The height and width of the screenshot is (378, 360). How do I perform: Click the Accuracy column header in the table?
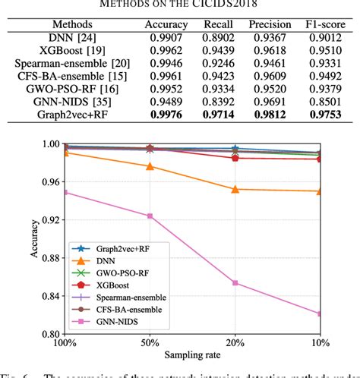[166, 24]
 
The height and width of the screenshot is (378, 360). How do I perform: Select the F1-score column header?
[316, 24]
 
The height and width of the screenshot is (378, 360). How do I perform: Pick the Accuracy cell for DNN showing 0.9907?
[166, 39]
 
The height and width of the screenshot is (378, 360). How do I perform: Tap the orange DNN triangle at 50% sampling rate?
[150, 166]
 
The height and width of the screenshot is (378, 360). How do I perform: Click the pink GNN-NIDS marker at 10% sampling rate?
[319, 313]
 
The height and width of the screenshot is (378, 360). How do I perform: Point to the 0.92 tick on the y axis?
[52, 220]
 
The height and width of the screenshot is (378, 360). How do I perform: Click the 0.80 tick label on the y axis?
[52, 334]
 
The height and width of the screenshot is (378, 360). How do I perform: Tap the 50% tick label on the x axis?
[150, 342]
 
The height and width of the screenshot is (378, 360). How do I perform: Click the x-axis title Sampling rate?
[192, 355]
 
